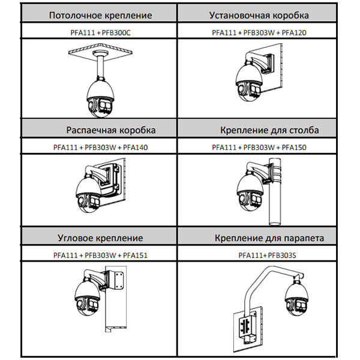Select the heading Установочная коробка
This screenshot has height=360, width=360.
[259, 15]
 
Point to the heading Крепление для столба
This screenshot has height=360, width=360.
[269, 130]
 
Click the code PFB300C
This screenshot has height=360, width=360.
[116, 32]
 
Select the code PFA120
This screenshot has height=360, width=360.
[293, 32]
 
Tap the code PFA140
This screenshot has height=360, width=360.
[134, 147]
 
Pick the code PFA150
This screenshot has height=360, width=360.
[293, 147]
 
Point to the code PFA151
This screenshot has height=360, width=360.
[134, 255]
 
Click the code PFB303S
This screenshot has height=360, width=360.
[284, 255]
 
